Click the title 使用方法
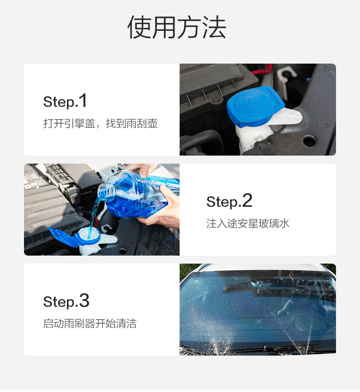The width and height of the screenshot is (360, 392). tap(177, 27)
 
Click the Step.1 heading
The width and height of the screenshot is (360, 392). tap(65, 101)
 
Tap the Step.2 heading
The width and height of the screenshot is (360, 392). tap(229, 201)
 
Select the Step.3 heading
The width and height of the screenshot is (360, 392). tap(66, 301)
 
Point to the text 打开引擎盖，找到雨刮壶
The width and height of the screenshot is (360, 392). tap(100, 124)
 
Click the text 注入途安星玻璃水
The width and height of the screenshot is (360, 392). tap(248, 224)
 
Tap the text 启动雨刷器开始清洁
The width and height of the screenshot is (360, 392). tap(90, 324)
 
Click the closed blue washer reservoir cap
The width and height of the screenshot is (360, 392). tap(255, 106)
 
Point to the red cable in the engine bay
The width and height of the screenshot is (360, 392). tap(262, 70)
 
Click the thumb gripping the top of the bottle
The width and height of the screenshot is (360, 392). tap(144, 171)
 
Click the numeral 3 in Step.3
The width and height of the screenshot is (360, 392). tap(84, 300)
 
